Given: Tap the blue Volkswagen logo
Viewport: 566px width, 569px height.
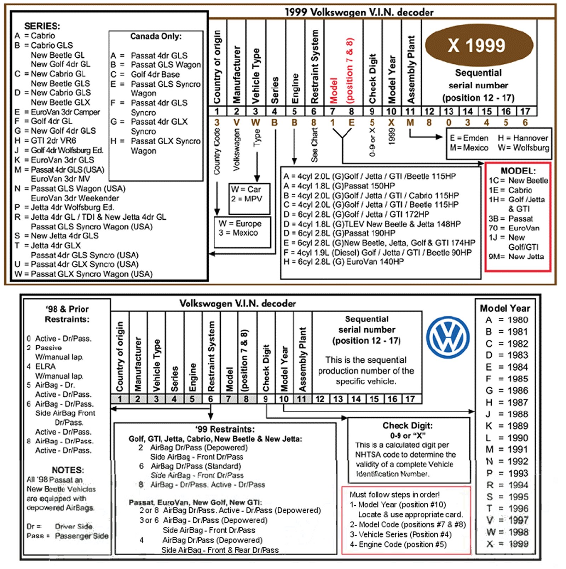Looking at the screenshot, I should (448, 337).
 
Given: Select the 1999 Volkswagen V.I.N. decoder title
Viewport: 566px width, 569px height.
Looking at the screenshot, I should (359, 12).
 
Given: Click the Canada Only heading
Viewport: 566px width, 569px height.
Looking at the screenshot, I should (156, 36).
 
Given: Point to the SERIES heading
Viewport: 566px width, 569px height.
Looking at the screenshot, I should (42, 26).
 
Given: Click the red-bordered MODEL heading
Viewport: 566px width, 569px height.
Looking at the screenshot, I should (518, 171).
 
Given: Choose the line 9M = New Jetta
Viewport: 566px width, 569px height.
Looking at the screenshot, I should (516, 257).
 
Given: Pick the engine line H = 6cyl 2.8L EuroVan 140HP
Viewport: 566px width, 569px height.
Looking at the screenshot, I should (343, 262).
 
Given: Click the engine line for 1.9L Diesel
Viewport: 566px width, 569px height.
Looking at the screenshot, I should (377, 253).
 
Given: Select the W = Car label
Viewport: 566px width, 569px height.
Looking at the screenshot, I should (246, 189).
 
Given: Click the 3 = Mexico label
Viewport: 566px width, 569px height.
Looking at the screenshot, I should (238, 233).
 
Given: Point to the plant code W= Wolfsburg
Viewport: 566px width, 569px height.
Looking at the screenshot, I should (523, 148).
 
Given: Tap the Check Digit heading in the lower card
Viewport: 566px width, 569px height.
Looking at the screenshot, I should (408, 425).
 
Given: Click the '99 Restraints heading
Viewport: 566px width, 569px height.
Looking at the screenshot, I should (225, 429).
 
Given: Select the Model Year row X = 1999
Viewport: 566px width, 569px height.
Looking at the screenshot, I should (507, 544).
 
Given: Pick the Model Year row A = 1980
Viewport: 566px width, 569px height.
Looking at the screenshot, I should (507, 320).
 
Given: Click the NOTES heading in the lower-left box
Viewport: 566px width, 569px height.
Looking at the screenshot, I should (68, 470).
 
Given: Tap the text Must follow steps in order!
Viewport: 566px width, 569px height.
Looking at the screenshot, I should (394, 495).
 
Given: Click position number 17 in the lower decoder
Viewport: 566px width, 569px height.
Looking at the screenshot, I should (410, 399).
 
